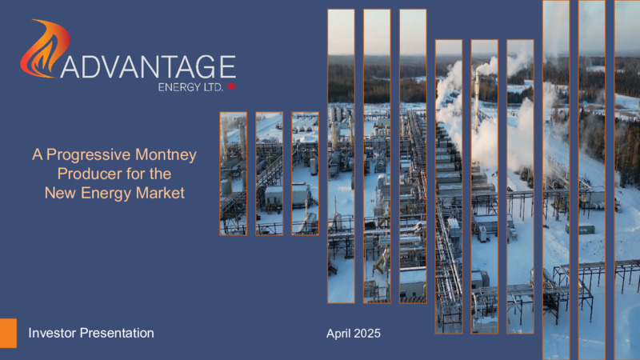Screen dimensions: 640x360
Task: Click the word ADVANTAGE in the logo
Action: pos(149,67)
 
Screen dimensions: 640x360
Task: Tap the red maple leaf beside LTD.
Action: pos(232,86)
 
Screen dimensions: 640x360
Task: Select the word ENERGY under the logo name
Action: pos(179,87)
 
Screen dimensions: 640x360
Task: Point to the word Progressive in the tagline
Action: pos(89,154)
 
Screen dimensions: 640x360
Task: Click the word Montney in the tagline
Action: pos(166,155)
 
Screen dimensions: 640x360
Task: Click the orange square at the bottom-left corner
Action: pos(8,333)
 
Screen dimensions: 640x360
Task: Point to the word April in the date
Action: pos(338,334)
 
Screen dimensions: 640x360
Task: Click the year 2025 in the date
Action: pos(367,334)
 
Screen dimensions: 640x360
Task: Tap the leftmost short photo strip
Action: pos(234,174)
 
